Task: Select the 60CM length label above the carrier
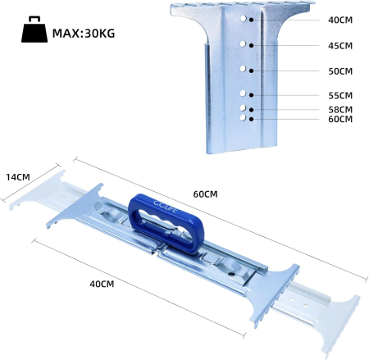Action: pos(205,194)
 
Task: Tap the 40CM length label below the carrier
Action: pos(102,284)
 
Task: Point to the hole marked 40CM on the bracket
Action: pos(244,16)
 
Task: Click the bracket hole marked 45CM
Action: pos(244,43)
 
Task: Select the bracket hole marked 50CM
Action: pos(244,70)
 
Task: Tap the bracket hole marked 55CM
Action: pos(244,95)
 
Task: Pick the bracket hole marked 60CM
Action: pos(244,118)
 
